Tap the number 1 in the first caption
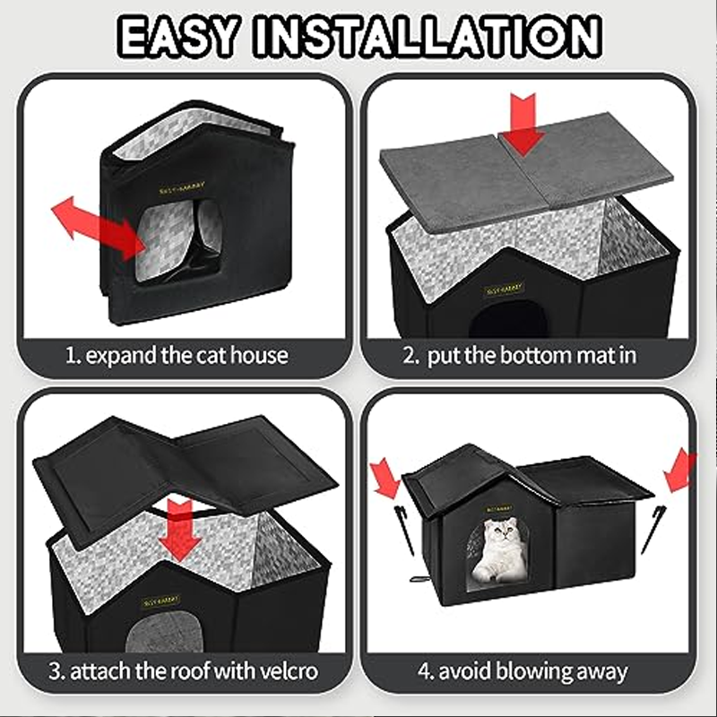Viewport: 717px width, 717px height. [x=70, y=355]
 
